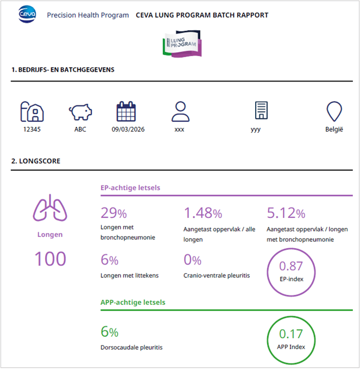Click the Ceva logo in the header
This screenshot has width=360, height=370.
27,15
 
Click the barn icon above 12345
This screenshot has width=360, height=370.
32,111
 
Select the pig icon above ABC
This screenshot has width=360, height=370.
80,112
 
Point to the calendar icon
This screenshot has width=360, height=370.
126,111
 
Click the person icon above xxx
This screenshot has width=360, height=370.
179,111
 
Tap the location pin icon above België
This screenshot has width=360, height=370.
334,111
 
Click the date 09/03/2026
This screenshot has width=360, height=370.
128,130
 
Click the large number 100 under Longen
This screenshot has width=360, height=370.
50,258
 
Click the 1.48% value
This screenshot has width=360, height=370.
203,213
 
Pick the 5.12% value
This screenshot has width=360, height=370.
286,213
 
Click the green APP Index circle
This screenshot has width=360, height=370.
290,338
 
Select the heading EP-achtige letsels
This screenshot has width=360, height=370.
130,188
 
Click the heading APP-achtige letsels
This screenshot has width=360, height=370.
133,302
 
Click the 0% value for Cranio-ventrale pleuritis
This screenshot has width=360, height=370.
192,260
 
